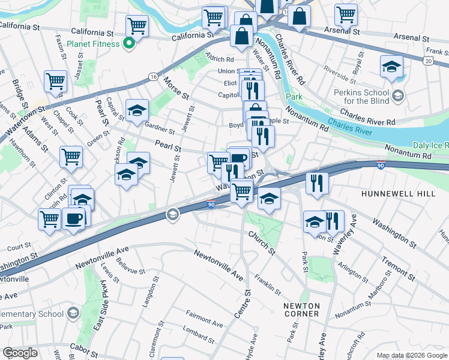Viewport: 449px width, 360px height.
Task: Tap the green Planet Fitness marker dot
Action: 128,43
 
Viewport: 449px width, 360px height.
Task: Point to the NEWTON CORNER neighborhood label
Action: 301,310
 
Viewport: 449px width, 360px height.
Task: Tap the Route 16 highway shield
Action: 153,77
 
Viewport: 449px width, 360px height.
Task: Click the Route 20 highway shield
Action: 427,61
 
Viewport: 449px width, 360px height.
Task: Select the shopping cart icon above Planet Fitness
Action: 137,25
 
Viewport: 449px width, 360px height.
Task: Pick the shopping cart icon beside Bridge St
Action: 55,80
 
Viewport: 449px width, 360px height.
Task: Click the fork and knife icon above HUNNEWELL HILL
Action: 317,182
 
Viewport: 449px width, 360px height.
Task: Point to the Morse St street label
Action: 176,88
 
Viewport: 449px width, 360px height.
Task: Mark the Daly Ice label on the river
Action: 430,146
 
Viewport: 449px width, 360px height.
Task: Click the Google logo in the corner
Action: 20,353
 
